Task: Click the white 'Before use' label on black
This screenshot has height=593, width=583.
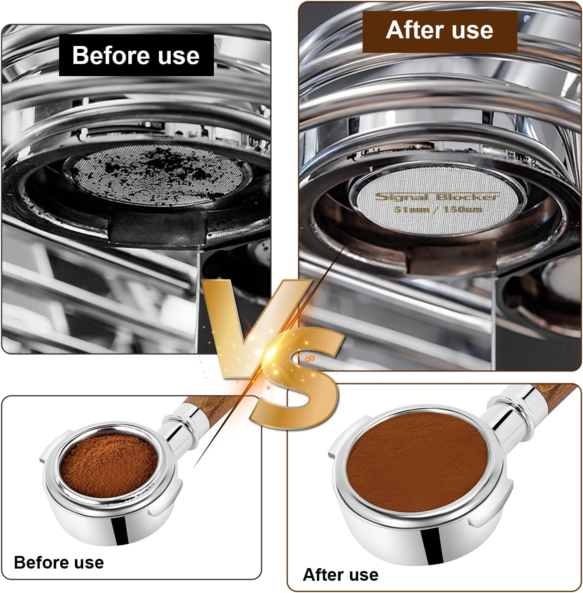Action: pyautogui.click(x=136, y=55)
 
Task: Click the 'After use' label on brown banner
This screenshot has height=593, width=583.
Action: pyautogui.click(x=439, y=31)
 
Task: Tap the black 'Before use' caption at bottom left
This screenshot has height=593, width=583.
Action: pyautogui.click(x=59, y=562)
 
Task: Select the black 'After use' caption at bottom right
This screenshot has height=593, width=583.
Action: pyautogui.click(x=341, y=575)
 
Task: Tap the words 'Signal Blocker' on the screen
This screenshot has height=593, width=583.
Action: pyautogui.click(x=436, y=197)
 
